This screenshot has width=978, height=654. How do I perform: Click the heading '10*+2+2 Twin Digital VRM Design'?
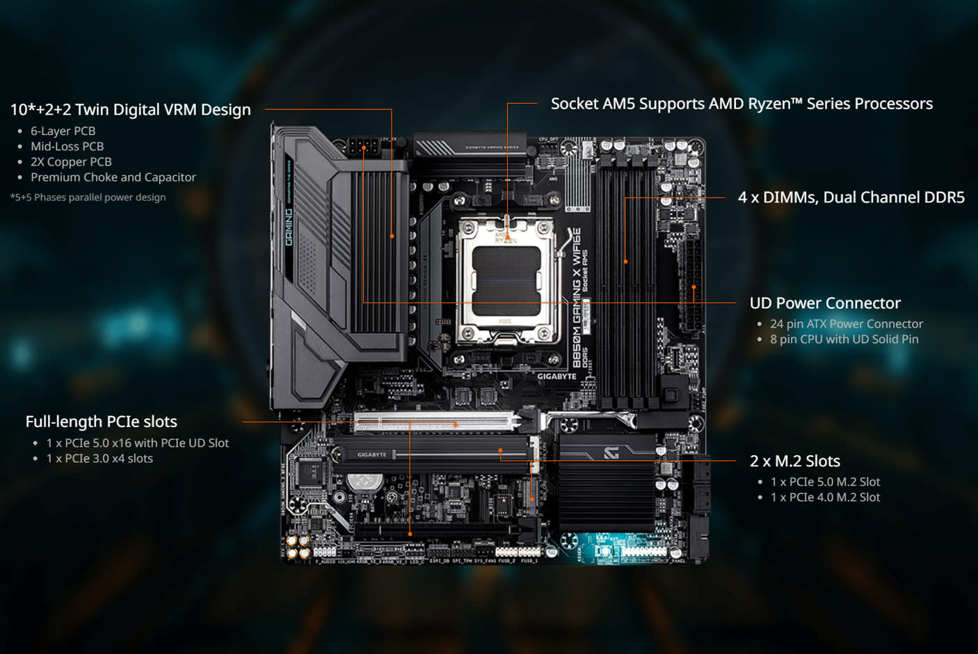pyautogui.click(x=130, y=110)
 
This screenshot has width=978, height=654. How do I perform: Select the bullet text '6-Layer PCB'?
pyautogui.click(x=63, y=131)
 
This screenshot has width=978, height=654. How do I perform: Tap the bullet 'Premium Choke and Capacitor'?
pyautogui.click(x=113, y=177)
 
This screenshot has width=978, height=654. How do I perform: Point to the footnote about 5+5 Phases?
pyautogui.click(x=88, y=198)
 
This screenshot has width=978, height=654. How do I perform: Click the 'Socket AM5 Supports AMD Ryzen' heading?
pyautogui.click(x=741, y=104)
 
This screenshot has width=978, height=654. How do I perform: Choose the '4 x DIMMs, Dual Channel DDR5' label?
pyautogui.click(x=851, y=198)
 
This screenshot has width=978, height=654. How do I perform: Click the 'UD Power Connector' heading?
pyautogui.click(x=825, y=303)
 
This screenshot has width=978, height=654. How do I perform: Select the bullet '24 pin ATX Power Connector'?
pyautogui.click(x=846, y=324)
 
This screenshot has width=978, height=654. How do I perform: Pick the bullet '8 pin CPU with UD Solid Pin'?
pyautogui.click(x=844, y=340)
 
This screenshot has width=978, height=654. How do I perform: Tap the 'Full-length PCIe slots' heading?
pyautogui.click(x=102, y=422)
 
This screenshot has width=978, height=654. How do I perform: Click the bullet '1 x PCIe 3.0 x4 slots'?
pyautogui.click(x=99, y=458)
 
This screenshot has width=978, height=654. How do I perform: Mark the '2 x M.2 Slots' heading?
pyautogui.click(x=794, y=461)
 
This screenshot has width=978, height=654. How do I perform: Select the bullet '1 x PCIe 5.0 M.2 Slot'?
pyautogui.click(x=825, y=482)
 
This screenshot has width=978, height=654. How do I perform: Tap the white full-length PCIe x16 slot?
pyautogui.click(x=435, y=422)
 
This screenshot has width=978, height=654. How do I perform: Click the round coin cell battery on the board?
pyautogui.click(x=364, y=481)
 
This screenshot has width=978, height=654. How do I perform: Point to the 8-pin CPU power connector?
pyautogui.click(x=363, y=147)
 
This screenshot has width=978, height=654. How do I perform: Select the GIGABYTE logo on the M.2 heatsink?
pyautogui.click(x=372, y=455)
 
